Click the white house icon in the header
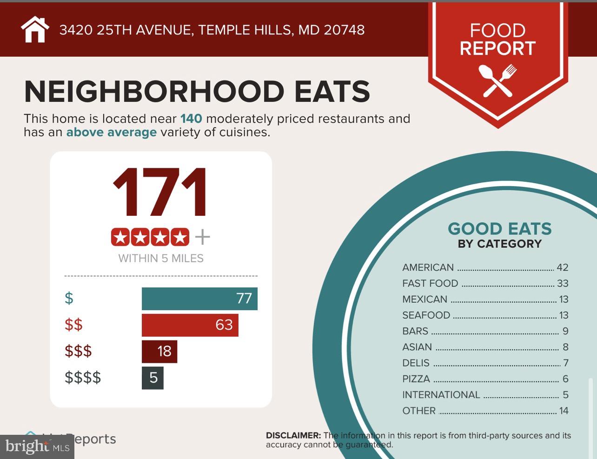[35, 30]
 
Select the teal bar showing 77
[199, 299]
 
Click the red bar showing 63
[190, 325]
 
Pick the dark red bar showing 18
[159, 352]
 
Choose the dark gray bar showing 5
[153, 378]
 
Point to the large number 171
[160, 193]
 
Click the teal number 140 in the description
[191, 119]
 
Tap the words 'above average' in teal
[111, 133]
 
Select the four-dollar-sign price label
[83, 378]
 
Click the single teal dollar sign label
[69, 298]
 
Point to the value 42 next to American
[562, 267]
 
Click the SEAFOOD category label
[426, 315]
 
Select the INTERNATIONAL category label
[441, 395]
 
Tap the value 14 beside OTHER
[564, 411]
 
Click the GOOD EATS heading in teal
[499, 229]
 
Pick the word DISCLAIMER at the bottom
[293, 436]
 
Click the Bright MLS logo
[37, 447]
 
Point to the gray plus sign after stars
[202, 237]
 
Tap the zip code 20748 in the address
[344, 30]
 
